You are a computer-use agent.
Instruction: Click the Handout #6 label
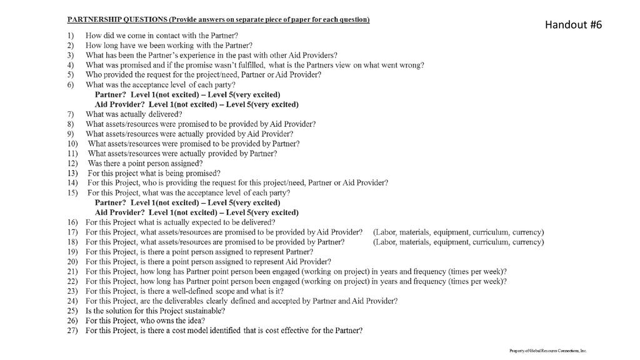(573, 24)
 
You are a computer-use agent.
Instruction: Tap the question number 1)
(71, 36)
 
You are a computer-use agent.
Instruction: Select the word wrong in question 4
(412, 65)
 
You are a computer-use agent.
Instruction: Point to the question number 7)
(71, 114)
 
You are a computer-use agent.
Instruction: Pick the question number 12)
(72, 163)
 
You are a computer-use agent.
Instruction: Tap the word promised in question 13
(199, 173)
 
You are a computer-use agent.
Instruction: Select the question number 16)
(73, 222)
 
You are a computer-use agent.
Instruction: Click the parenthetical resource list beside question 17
(457, 232)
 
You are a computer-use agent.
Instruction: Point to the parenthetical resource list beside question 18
(457, 242)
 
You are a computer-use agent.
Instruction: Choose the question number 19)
(73, 252)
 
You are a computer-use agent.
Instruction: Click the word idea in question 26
(190, 321)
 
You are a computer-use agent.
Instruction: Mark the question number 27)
(73, 330)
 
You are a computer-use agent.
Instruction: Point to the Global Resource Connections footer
(549, 351)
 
